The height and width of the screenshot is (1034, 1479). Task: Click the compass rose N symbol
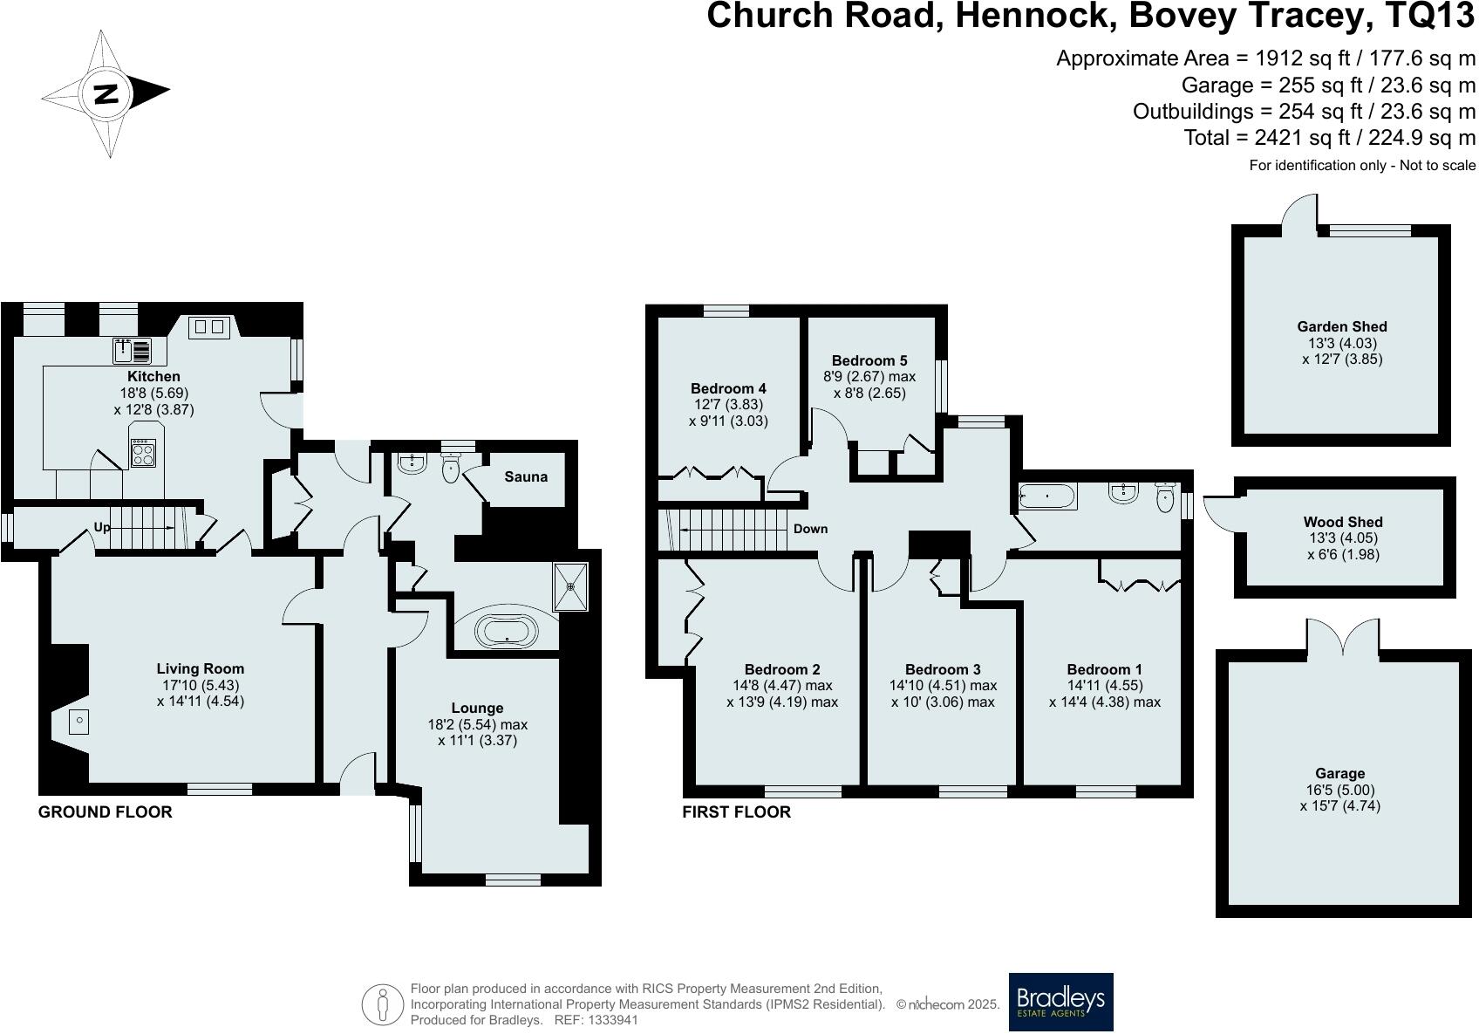[x=106, y=92]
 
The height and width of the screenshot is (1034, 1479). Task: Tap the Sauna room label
[x=526, y=476]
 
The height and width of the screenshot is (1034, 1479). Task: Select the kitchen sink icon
[x=132, y=351]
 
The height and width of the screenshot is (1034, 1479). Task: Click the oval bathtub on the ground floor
[x=508, y=631]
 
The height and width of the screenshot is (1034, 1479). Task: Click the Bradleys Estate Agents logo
[x=1060, y=1001]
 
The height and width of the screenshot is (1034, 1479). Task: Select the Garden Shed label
[x=1341, y=326]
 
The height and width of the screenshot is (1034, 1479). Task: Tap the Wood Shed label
[x=1343, y=522]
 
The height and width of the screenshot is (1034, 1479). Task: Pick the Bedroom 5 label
[x=869, y=360]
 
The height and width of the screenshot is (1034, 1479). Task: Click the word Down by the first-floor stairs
[x=810, y=529]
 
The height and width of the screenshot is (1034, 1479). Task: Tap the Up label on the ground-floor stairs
[x=103, y=527]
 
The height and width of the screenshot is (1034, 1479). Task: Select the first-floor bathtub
[x=1048, y=498]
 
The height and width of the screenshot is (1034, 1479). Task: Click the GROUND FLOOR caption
[x=106, y=811]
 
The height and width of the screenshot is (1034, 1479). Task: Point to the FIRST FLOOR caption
[x=736, y=811]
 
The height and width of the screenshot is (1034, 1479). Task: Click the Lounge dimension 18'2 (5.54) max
[x=477, y=724]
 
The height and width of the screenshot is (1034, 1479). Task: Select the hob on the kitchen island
[x=142, y=454]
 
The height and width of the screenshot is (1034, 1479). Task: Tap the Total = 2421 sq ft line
[x=1329, y=137]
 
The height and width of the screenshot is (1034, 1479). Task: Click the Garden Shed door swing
[x=1298, y=209]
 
